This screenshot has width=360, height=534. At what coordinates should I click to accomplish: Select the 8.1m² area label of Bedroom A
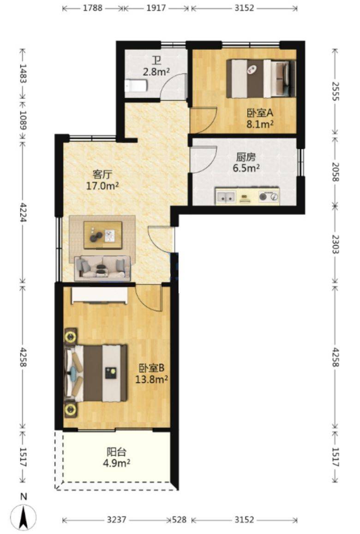coord(260,125)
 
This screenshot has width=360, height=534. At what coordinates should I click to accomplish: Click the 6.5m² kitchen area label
coord(246,168)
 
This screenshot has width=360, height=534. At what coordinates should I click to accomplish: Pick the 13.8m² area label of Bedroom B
coord(152,379)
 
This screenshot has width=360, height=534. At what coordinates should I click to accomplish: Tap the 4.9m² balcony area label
coord(117,463)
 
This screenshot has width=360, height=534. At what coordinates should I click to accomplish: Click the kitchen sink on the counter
coord(226,197)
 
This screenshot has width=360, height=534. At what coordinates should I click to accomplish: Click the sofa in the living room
coord(102,268)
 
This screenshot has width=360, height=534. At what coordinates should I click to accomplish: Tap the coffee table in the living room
coord(103,235)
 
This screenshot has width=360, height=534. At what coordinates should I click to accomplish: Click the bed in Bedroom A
coord(261,79)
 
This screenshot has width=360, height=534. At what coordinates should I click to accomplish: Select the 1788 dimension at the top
coord(93,7)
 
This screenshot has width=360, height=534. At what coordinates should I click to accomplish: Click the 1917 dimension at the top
coord(156,7)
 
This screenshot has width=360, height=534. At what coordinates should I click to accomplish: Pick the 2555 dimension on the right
coord(336,91)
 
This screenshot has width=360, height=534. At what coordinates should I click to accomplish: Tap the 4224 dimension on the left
coord(24,212)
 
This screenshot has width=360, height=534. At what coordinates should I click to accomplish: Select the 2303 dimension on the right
coord(336,244)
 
